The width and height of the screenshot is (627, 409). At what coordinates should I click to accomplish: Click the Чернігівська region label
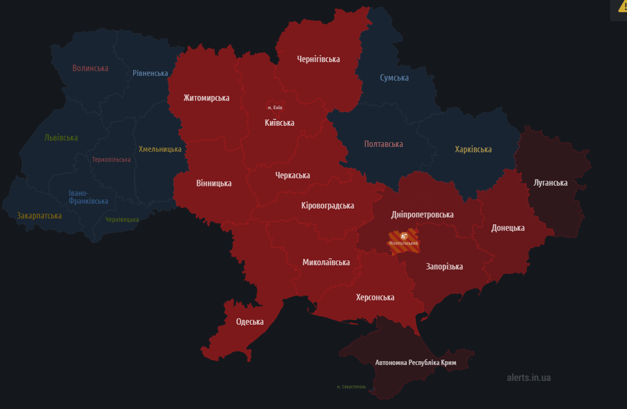pyautogui.click(x=318, y=59)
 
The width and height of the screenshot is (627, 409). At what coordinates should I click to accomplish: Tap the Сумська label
pyautogui.click(x=394, y=78)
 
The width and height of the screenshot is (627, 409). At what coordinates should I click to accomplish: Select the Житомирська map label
pyautogui.click(x=207, y=98)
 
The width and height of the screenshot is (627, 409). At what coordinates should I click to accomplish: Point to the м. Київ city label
pyautogui.click(x=275, y=108)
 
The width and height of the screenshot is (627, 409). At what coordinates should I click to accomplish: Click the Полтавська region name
pyautogui.click(x=383, y=144)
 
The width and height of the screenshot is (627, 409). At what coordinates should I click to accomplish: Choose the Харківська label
pyautogui.click(x=473, y=149)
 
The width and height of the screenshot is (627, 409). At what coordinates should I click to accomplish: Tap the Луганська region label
pyautogui.click(x=550, y=183)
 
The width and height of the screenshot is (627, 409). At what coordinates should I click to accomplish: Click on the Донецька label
pyautogui.click(x=508, y=228)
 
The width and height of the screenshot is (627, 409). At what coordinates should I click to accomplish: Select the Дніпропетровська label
pyautogui.click(x=422, y=215)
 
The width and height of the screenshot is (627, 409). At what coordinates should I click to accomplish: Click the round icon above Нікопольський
pyautogui.click(x=403, y=235)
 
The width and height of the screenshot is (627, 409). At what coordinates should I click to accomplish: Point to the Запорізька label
pyautogui.click(x=444, y=266)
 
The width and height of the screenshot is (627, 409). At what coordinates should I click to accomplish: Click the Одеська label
pyautogui.click(x=250, y=322)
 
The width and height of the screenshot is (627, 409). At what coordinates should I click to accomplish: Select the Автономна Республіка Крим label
pyautogui.click(x=416, y=363)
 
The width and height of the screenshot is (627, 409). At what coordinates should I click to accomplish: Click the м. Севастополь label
pyautogui.click(x=351, y=387)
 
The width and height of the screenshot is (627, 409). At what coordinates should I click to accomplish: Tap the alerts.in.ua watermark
pyautogui.click(x=529, y=377)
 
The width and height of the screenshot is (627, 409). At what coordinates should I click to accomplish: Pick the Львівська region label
pyautogui.click(x=61, y=137)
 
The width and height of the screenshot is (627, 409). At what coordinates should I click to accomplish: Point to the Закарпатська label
pyautogui.click(x=39, y=216)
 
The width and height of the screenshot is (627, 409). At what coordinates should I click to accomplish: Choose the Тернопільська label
pyautogui.click(x=111, y=160)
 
